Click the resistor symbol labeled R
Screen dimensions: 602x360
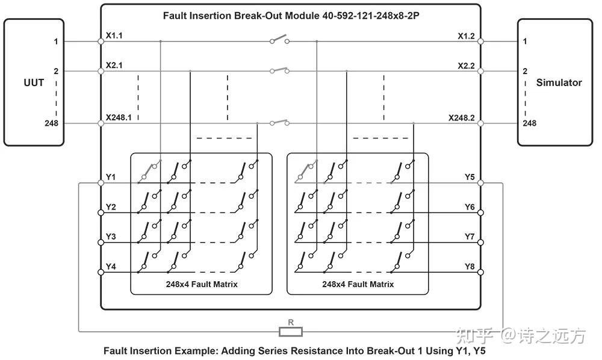tap(291, 332)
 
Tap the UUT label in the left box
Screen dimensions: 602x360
tap(34, 82)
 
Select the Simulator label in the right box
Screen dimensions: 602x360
tap(559, 82)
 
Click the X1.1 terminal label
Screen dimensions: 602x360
tap(114, 36)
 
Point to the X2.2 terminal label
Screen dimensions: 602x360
tap(466, 66)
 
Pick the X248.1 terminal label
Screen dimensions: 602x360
tap(119, 117)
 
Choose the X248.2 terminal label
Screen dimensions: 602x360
tap(462, 118)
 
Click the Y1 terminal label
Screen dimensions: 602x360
tap(111, 177)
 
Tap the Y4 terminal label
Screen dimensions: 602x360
tap(111, 266)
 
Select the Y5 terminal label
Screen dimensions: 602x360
tap(470, 177)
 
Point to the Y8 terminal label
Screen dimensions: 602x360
tap(470, 266)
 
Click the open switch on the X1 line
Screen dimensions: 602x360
tap(279, 39)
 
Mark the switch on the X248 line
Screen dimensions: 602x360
tap(279, 122)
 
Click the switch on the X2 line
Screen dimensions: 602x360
tap(279, 70)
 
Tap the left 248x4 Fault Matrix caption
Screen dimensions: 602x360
tap(202, 284)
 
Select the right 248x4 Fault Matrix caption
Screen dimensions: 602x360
tap(358, 284)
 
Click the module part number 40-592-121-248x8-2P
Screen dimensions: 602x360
tap(371, 16)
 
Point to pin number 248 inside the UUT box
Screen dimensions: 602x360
tap(51, 123)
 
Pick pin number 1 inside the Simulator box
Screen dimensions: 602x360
tap(525, 42)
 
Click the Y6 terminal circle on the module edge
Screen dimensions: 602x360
tap(480, 213)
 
